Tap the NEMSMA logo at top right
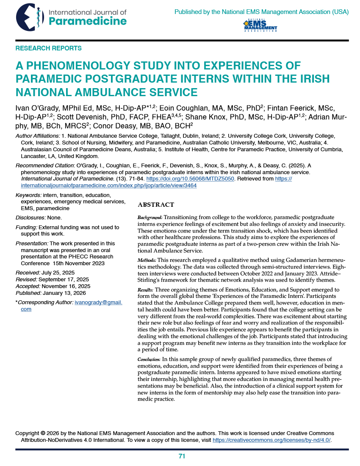(x=260, y=25)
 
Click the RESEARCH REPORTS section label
(x=48, y=48)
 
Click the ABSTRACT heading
(x=156, y=205)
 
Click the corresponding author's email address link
(x=98, y=302)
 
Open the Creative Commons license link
(x=271, y=440)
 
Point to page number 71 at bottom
(x=182, y=456)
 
